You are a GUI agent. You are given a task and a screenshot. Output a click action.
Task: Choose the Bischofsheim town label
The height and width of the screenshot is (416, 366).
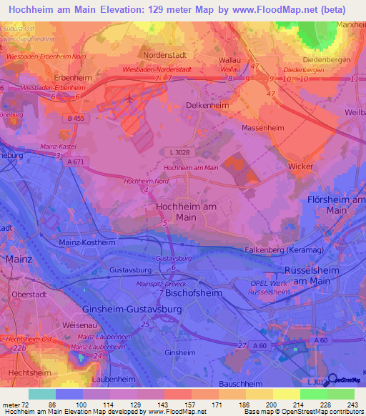[191, 293]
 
